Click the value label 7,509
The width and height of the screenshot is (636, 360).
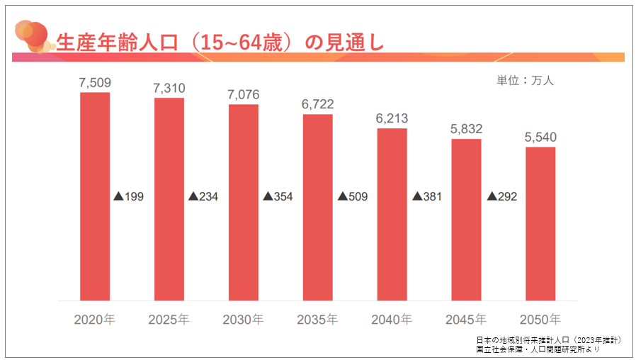(94, 83)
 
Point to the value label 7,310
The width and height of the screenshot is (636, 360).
(169, 89)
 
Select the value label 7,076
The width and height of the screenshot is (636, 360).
(244, 95)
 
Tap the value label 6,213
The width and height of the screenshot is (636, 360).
(392, 118)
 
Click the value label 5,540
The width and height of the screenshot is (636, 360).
(540, 137)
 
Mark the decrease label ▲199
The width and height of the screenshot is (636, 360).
(128, 196)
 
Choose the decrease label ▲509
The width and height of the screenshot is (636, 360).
(352, 196)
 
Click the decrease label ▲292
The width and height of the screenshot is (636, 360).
(501, 196)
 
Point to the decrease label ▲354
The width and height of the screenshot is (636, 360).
(278, 196)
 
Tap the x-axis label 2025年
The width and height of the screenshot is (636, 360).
(169, 320)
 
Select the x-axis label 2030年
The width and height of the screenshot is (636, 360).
(243, 320)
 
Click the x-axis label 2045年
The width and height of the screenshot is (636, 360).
(466, 320)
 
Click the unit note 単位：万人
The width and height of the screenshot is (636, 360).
(525, 80)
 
